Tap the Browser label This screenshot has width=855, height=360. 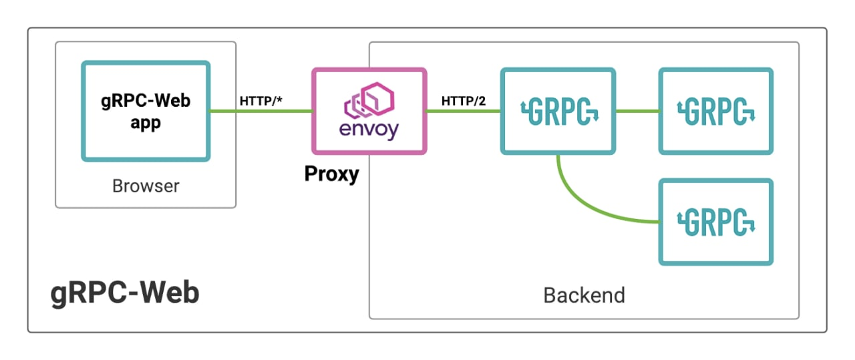(x=146, y=186)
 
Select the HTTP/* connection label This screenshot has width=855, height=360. (x=261, y=101)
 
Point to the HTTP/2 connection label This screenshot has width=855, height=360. (x=464, y=101)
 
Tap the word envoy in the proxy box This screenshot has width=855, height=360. (x=369, y=130)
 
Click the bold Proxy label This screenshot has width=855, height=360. (x=332, y=174)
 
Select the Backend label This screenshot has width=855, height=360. (x=584, y=295)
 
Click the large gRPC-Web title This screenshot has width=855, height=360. (x=125, y=293)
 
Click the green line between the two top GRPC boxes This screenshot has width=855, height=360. (x=637, y=111)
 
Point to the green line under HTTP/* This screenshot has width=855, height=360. (x=261, y=111)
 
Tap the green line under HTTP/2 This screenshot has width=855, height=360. (x=464, y=111)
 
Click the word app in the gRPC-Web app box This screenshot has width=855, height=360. (x=146, y=124)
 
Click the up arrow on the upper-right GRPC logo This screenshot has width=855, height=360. (x=680, y=107)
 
